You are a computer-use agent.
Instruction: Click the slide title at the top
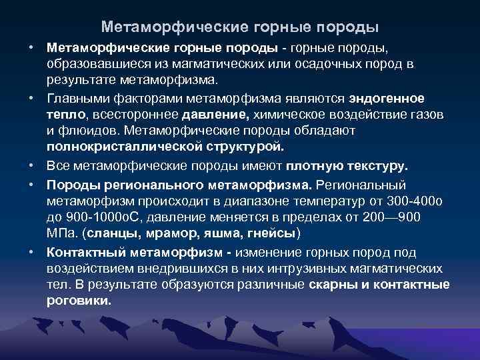(x=240, y=27)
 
